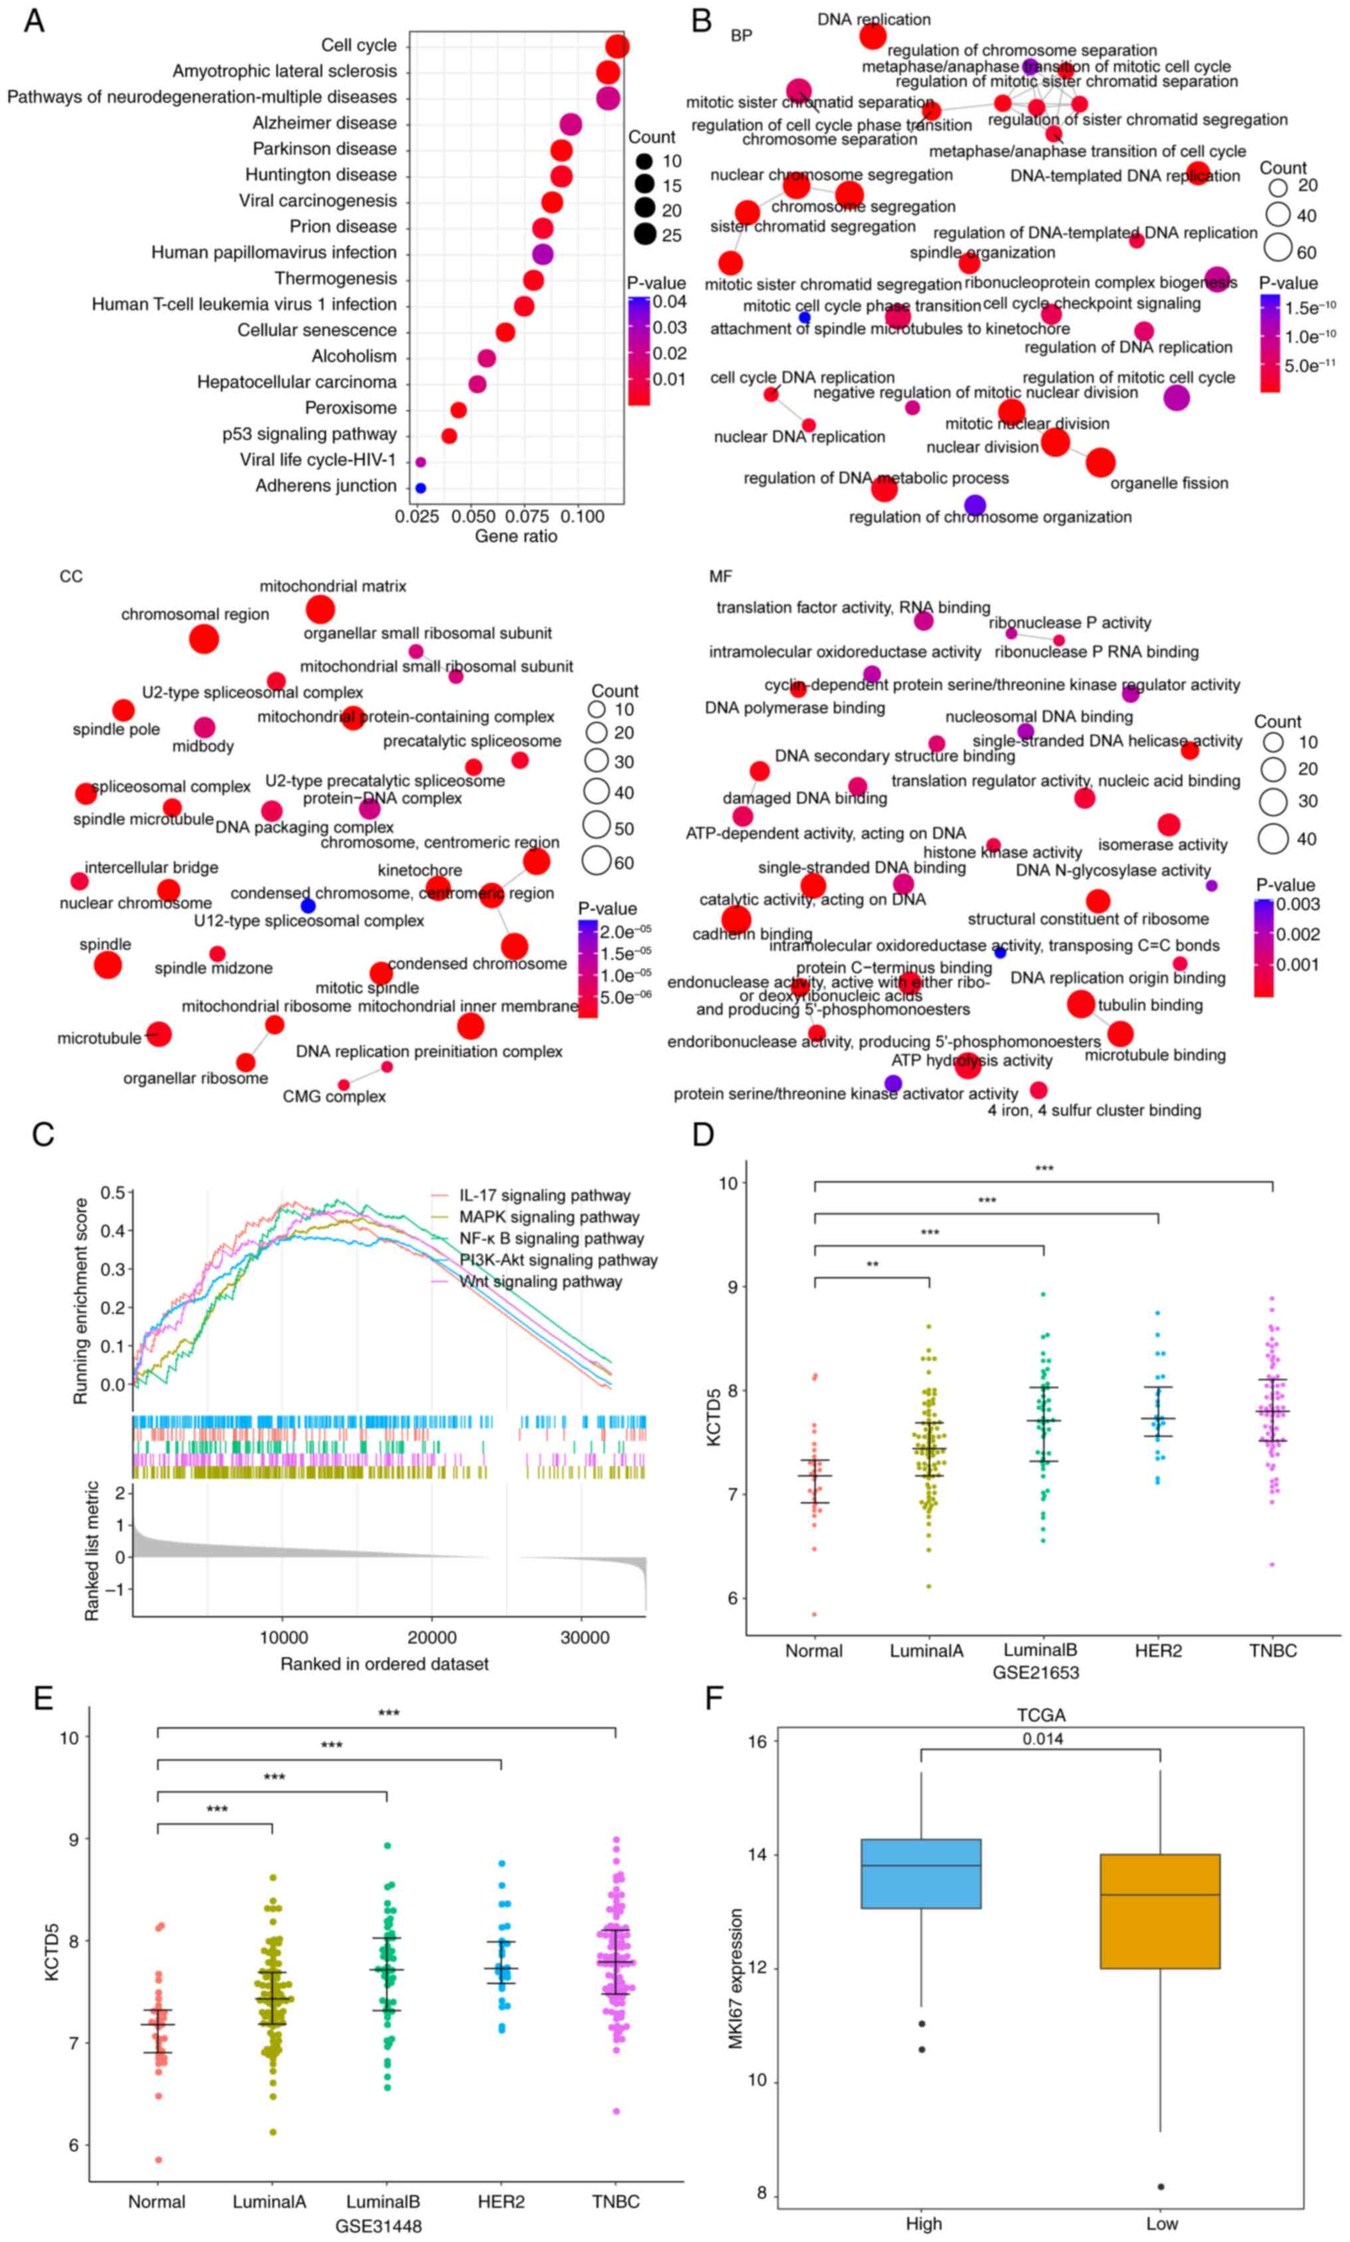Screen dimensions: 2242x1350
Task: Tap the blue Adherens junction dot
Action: (x=421, y=488)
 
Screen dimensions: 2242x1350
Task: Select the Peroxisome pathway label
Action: (x=350, y=407)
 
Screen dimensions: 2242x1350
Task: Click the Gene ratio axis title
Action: (x=516, y=537)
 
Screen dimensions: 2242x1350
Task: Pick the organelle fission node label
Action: (x=1169, y=483)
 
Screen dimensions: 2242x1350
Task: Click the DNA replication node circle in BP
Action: (x=872, y=37)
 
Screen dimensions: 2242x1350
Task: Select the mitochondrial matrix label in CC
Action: (x=333, y=586)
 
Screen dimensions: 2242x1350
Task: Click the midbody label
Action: (x=203, y=746)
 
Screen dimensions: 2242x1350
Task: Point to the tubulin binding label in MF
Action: (x=1150, y=1005)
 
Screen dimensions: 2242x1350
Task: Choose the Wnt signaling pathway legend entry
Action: (x=540, y=1281)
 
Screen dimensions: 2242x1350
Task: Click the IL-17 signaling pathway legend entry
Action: (x=544, y=1195)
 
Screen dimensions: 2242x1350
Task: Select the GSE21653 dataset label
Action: (x=1035, y=1671)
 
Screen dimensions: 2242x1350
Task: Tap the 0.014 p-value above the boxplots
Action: (x=1042, y=1739)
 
